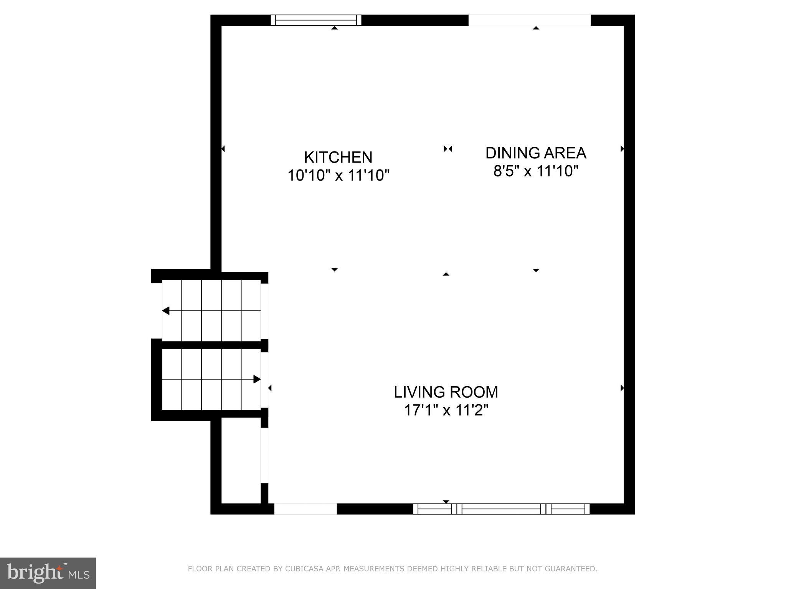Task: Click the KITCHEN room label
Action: point(338,157)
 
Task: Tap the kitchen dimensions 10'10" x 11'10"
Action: point(338,176)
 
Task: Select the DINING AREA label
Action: point(536,153)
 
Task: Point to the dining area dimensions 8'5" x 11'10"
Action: point(536,171)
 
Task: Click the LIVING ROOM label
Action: point(446,392)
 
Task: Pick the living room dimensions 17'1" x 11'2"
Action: point(446,410)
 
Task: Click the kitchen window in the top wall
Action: point(316,20)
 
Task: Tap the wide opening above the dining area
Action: point(529,20)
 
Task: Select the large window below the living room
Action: point(501,509)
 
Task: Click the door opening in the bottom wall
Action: point(305,509)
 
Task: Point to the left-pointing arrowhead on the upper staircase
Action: point(166,311)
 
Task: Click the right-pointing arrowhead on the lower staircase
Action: point(257,379)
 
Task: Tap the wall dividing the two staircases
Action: point(211,345)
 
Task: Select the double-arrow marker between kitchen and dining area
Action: point(448,149)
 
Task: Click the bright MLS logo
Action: point(48,573)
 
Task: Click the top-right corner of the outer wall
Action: point(629,20)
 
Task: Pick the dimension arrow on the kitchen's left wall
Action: point(223,149)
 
